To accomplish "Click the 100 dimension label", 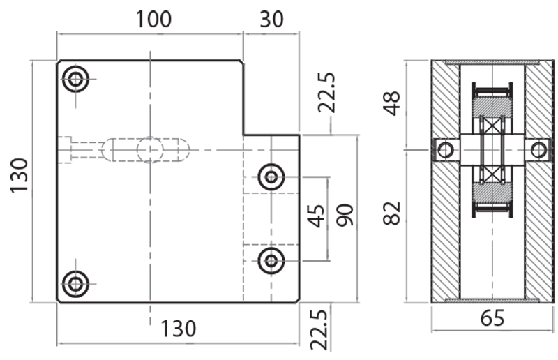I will tap(153, 19).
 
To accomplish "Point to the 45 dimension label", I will tap(317, 216).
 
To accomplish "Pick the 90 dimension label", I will tap(345, 216).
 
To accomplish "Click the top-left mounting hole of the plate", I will tap(75, 80).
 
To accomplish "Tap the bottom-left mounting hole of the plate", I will tap(75, 283).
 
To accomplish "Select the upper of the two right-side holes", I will tap(271, 177).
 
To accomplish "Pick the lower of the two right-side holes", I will tap(271, 261).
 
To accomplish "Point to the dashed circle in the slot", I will tap(150, 149).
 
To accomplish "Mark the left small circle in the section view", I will tap(445, 149).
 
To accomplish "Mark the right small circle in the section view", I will tap(538, 149).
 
